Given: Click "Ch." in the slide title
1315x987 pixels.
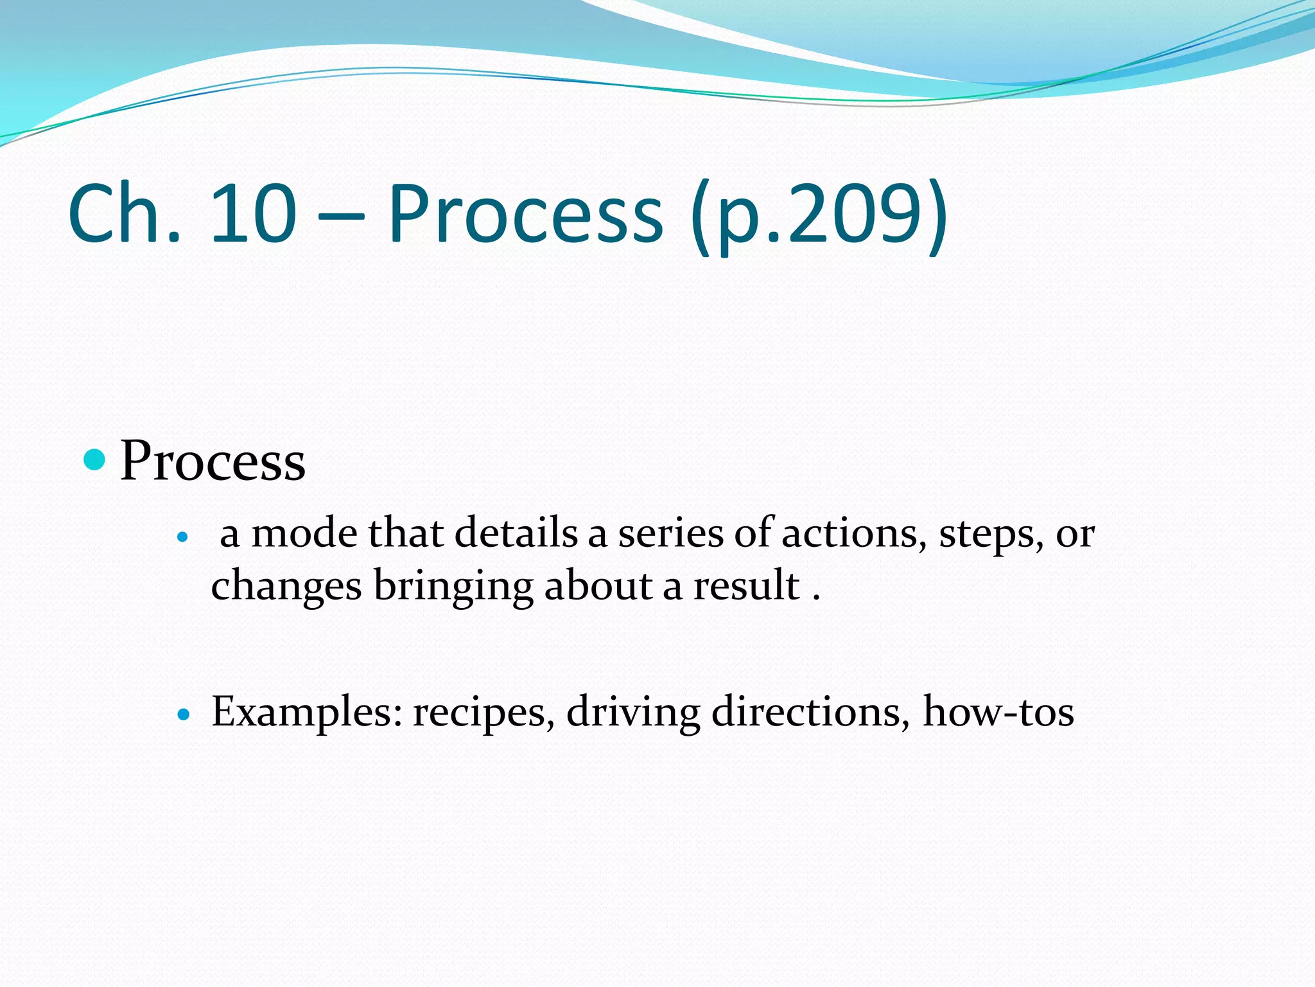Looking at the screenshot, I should coord(124,213).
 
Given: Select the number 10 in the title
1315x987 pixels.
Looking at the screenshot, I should coord(252,213).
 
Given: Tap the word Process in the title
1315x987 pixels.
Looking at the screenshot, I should coord(525,213).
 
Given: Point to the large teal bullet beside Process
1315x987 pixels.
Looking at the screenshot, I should coord(94,459).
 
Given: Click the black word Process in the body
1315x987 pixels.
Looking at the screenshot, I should coord(213,461).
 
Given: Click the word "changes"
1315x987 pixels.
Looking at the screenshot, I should coord(286,586).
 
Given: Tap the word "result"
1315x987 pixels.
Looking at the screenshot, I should coord(746,585).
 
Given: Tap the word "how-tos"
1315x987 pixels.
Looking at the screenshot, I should coord(998,712).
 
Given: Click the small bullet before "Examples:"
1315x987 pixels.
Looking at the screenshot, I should coord(184,714).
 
